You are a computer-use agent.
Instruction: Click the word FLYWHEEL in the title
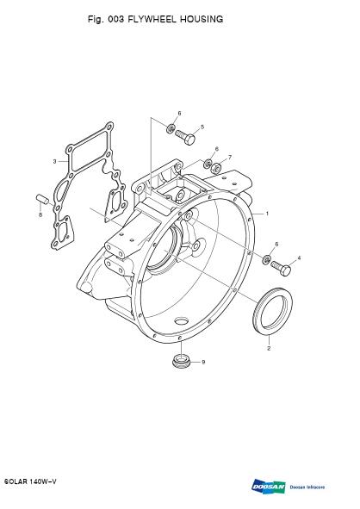coord(152,19)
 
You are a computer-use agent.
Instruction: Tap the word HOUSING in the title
coord(202,19)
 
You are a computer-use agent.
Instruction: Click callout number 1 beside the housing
coord(267,214)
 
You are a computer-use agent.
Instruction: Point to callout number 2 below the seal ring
coord(269,348)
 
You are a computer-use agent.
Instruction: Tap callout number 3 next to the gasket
coord(54,161)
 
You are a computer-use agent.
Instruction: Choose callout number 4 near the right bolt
coord(299,258)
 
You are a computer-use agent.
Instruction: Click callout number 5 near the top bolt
coord(202,127)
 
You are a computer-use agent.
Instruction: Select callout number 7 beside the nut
coord(230,158)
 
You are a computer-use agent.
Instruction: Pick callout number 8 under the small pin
coord(40,214)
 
